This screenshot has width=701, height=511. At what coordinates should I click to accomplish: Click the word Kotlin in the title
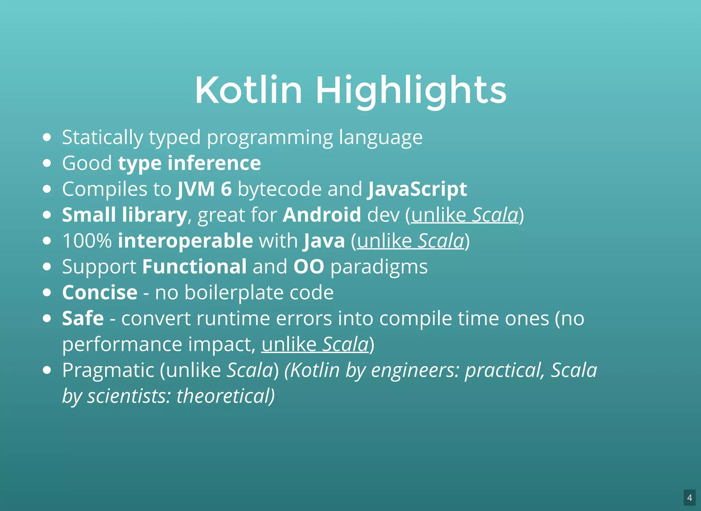tap(249, 90)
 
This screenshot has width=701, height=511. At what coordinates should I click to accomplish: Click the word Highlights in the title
tap(411, 90)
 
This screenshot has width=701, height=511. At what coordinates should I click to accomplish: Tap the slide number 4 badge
tap(689, 498)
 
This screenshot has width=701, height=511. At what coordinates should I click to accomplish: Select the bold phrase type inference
tap(189, 163)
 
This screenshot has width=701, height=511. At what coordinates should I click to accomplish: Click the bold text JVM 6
tap(204, 189)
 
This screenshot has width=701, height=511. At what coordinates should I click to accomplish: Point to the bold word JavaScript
tap(417, 189)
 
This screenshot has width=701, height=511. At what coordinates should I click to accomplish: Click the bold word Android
tap(322, 215)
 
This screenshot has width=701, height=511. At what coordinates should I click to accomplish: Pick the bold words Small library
tap(124, 215)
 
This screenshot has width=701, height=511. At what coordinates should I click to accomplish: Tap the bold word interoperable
tap(185, 241)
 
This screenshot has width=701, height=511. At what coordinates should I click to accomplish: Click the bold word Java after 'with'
tap(324, 241)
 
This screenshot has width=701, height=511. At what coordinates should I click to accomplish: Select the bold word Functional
tap(194, 266)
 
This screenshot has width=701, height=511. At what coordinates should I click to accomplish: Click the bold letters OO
tap(308, 266)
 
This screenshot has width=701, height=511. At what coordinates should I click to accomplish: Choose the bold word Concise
tap(100, 292)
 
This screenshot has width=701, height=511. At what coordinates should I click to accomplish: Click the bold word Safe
tap(83, 318)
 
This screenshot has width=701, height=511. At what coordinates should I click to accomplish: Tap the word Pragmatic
tap(108, 370)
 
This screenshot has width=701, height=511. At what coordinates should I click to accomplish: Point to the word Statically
tap(102, 137)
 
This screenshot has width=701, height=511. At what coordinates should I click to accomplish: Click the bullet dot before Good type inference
tap(47, 163)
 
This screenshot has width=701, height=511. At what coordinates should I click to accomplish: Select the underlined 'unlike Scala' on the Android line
tap(465, 215)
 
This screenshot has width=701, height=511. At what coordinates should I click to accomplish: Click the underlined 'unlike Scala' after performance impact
tap(315, 344)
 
